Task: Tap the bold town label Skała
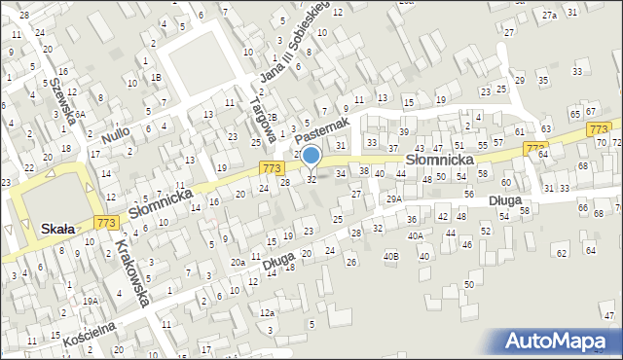[58, 229]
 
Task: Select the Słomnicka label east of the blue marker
[440, 159]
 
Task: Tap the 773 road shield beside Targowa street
[273, 168]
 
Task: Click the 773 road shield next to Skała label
[108, 224]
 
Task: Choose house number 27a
[550, 15]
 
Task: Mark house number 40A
[416, 235]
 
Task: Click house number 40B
[390, 256]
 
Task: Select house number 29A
[393, 198]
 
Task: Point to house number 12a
[266, 312]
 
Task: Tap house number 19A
[90, 302]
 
